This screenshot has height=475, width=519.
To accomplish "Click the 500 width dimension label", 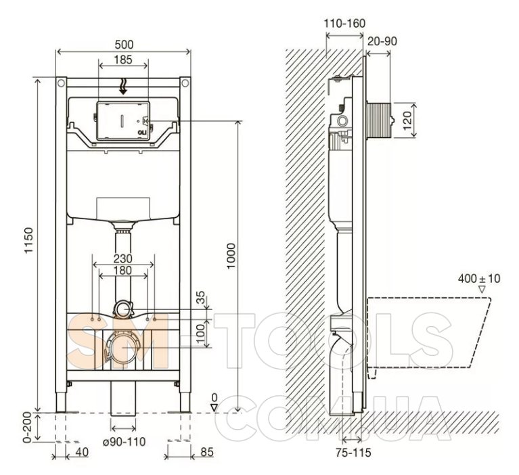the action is pos(124,45).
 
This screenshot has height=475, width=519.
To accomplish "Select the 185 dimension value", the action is pos(123,60).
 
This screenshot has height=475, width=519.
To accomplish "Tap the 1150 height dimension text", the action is pos(30,240).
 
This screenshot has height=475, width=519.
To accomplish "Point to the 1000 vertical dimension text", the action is pos(231,256).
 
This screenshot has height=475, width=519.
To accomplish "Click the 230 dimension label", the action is pos(122,258).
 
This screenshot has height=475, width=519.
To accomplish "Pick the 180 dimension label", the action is pos(122,271).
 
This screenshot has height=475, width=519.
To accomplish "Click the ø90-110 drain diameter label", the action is pos(124,441).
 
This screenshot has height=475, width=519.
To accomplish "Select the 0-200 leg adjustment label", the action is pos(28,427).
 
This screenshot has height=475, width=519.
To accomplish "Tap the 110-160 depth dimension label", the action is pos(344,24).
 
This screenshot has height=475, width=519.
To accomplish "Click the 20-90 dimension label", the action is pos(382,41).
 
